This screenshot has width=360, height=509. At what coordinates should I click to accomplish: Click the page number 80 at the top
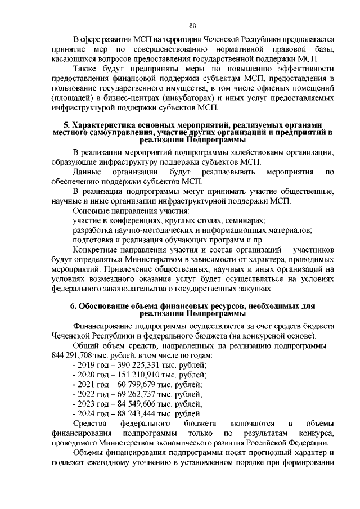click(x=192, y=25)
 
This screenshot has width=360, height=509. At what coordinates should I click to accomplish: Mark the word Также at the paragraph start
click(x=87, y=69)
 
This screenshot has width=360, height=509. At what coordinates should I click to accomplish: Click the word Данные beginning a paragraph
click(x=87, y=170)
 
